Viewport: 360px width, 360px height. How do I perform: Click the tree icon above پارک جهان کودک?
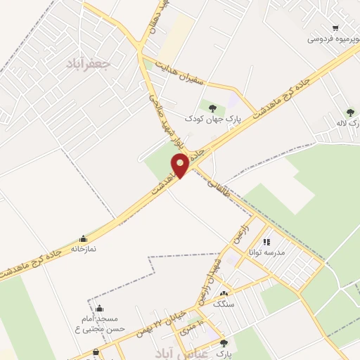pos(212,108)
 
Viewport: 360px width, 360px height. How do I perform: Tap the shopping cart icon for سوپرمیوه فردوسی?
pos(335,28)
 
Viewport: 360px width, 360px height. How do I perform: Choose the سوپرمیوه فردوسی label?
pos(333,39)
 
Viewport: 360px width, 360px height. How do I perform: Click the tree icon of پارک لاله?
pos(349,112)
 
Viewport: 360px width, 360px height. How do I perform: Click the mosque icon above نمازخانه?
pos(84,238)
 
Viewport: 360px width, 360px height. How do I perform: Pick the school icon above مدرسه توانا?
pos(266,242)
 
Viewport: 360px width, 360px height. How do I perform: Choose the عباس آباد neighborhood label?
pos(184,350)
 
